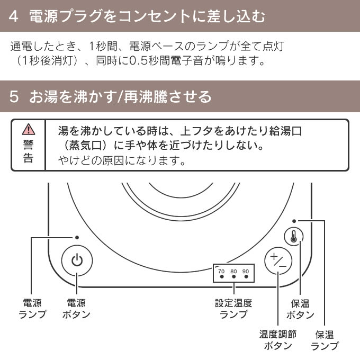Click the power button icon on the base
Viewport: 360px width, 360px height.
[x=77, y=260]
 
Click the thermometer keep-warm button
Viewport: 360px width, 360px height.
[x=294, y=237]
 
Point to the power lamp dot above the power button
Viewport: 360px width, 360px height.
[x=77, y=238]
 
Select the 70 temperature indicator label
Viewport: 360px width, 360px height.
[x=221, y=271]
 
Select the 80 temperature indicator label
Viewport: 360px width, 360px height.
[x=233, y=271]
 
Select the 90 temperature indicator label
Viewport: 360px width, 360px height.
[x=245, y=271]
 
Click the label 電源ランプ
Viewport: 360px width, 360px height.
[x=33, y=309]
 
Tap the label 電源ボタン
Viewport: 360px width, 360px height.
[x=76, y=309]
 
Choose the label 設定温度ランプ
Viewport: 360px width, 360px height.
[x=233, y=309]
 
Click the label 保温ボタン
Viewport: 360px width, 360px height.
[x=300, y=309]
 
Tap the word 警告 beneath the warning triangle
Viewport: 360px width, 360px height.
[x=28, y=151]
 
